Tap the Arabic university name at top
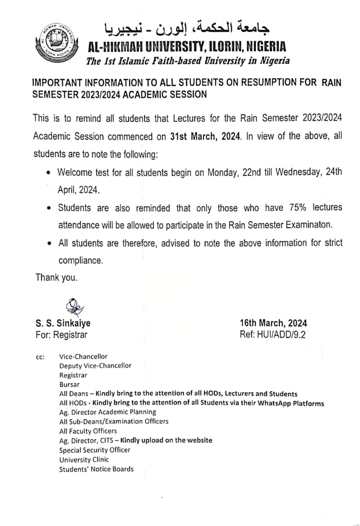[x=188, y=28]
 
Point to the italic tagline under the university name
[x=188, y=61]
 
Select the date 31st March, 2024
[x=205, y=136]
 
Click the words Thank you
[x=56, y=278]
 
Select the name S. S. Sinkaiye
[x=63, y=323]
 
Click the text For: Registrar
[x=61, y=335]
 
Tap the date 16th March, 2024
[x=273, y=323]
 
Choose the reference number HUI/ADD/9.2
[x=273, y=335]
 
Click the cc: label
[x=40, y=357]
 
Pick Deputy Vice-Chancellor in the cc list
[x=95, y=365]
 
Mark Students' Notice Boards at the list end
[x=96, y=469]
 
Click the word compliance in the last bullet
[x=80, y=261]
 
